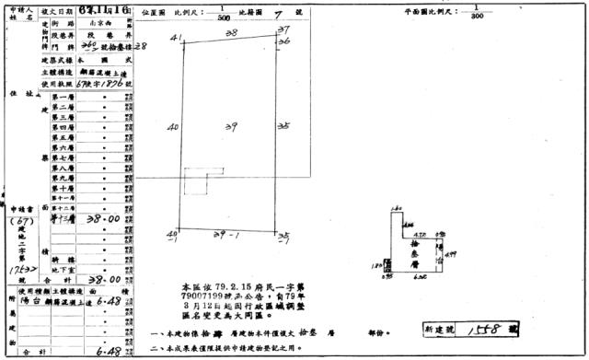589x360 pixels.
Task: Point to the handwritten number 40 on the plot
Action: coord(172,128)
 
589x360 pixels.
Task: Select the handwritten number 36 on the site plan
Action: coord(284,42)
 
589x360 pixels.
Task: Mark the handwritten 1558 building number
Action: coord(484,327)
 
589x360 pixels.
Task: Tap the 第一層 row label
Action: coord(64,97)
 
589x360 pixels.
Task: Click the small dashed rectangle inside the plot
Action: coord(196,184)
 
